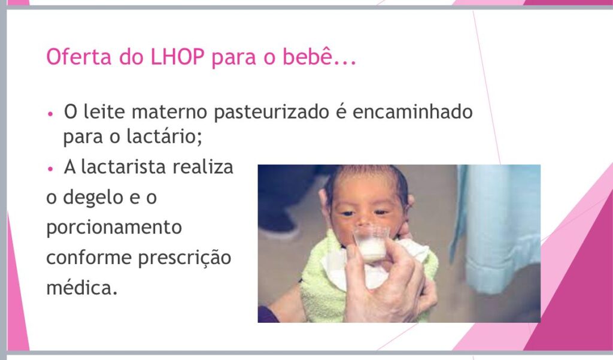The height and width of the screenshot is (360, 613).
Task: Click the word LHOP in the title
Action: click(177, 57)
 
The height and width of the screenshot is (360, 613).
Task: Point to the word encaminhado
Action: click(412, 111)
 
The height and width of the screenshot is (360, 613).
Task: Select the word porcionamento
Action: click(114, 228)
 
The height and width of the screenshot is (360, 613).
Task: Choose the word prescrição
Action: click(185, 258)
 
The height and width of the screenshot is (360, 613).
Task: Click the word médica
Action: click(81, 288)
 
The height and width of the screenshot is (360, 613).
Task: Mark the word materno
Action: click(169, 112)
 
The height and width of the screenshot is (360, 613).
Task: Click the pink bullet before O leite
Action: click(50, 114)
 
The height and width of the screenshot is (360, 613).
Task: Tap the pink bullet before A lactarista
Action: click(50, 169)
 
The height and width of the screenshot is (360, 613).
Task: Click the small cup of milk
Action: click(371, 244)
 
